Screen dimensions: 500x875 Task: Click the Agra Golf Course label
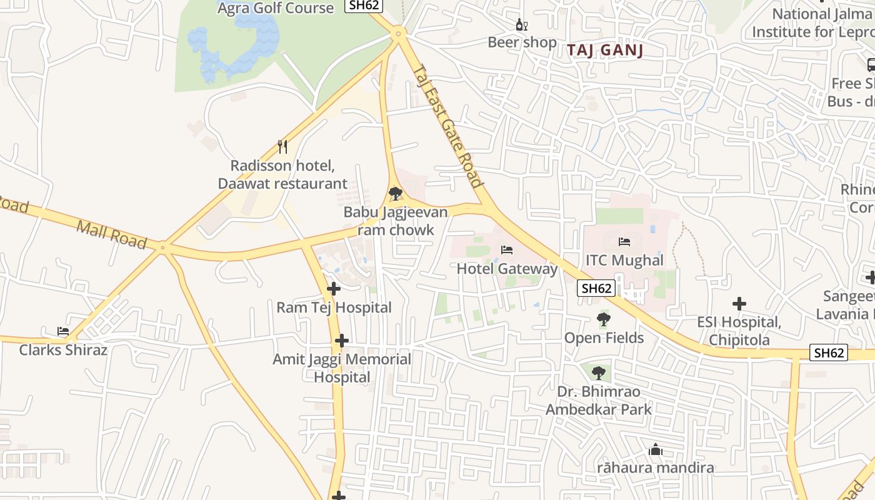[275, 8]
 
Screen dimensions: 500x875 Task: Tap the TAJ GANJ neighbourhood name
[604, 51]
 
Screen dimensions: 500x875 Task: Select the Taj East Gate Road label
[448, 127]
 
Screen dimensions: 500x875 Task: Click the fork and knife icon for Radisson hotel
[282, 147]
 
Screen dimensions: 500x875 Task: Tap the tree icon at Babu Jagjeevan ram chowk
[395, 194]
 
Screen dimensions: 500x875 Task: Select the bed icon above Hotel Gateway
[507, 250]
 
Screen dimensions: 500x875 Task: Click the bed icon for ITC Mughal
[624, 241]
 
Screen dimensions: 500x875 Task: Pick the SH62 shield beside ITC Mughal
[596, 288]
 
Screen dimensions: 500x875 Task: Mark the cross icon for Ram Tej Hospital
[334, 289]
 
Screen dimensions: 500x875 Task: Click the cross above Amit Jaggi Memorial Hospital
[341, 341]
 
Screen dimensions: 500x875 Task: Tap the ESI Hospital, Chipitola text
[739, 331]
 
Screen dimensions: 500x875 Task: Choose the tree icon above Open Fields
[603, 320]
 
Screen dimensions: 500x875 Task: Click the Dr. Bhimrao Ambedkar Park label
[598, 401]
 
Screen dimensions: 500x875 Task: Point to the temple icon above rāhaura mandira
[655, 449]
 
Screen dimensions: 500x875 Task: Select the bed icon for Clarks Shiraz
[63, 331]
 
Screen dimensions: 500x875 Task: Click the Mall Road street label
[111, 234]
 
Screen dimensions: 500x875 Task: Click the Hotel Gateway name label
[507, 269]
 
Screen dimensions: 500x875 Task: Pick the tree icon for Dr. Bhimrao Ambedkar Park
[598, 373]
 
